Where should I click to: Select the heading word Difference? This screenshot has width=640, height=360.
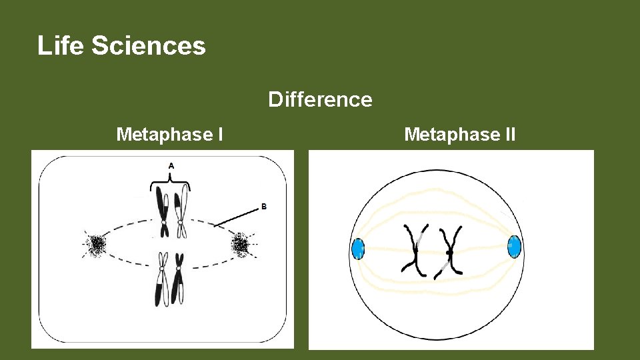pyautogui.click(x=320, y=99)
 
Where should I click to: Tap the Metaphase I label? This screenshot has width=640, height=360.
pyautogui.click(x=169, y=135)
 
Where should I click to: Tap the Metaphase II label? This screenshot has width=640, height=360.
pyautogui.click(x=459, y=135)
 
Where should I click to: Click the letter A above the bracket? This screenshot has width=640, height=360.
pyautogui.click(x=171, y=165)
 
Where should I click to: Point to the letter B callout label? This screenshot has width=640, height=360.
pyautogui.click(x=263, y=207)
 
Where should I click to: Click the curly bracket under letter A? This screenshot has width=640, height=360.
pyautogui.click(x=171, y=179)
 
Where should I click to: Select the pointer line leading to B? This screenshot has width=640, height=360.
pyautogui.click(x=237, y=215)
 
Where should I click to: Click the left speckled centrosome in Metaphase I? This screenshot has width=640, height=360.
pyautogui.click(x=97, y=245)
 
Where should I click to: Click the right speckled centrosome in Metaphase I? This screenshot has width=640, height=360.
pyautogui.click(x=241, y=245)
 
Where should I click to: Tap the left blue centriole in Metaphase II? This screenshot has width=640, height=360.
pyautogui.click(x=358, y=249)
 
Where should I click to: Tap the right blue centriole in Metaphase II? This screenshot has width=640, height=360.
pyautogui.click(x=513, y=246)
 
